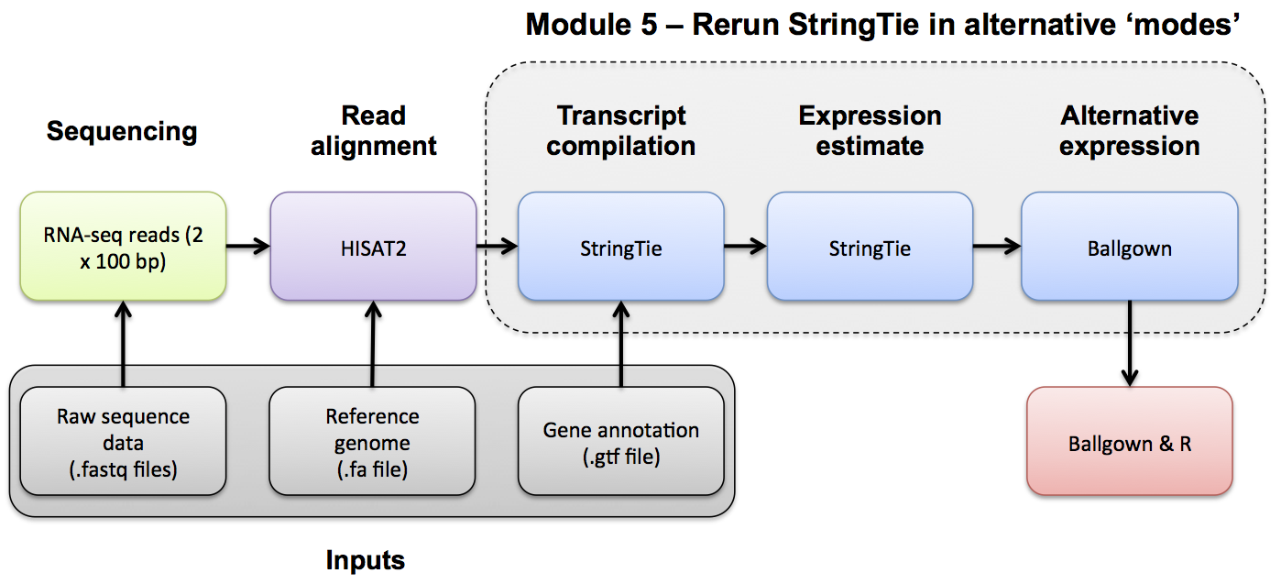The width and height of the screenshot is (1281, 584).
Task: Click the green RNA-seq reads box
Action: coord(123,246)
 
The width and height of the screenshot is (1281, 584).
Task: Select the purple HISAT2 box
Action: coord(373,246)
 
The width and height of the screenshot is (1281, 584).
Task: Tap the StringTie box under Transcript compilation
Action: coord(620,246)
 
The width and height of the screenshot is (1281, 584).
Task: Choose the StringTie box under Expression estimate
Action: coord(870,246)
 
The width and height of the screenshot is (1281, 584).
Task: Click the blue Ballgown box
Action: coord(1130,246)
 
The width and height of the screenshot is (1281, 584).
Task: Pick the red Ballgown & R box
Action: coord(1130,441)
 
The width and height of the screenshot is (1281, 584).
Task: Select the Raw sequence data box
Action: coord(123,441)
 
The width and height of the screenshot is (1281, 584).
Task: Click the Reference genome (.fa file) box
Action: coord(372,441)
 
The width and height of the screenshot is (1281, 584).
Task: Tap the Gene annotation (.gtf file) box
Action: coord(620,441)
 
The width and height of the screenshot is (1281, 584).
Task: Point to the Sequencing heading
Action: coord(122,131)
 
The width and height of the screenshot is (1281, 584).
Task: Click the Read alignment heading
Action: coord(373,130)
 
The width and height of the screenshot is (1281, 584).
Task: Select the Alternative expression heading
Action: coord(1130,130)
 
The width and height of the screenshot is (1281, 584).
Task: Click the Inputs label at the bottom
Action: coord(365,559)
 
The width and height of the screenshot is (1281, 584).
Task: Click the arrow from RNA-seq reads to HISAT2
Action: coord(248,246)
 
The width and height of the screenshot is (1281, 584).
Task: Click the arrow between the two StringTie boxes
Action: coord(745,246)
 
